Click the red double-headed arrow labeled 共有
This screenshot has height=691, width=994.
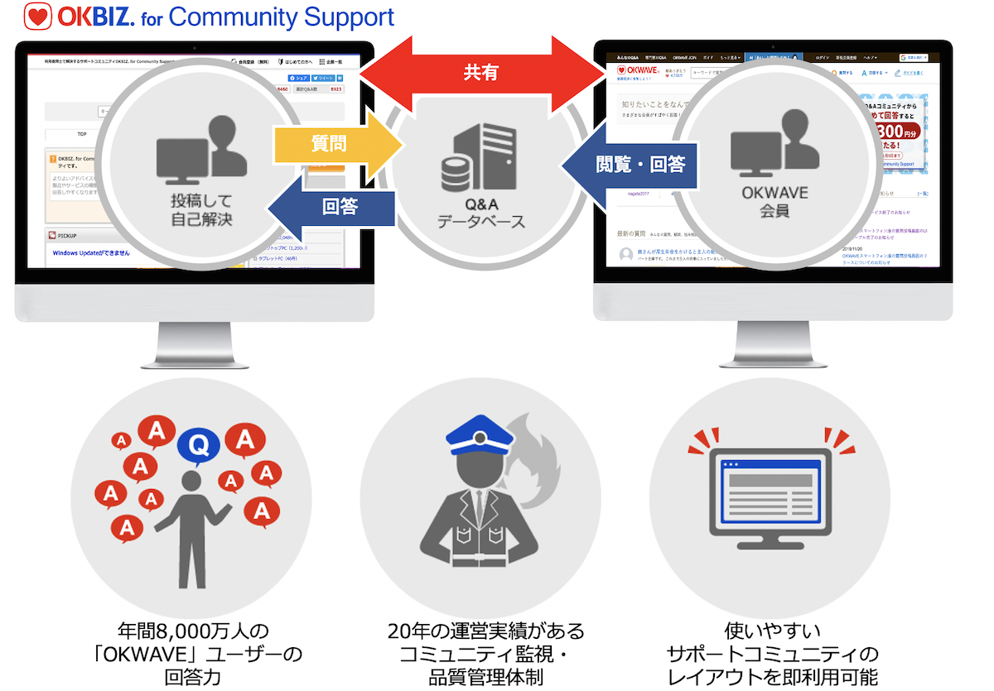pos(481,73)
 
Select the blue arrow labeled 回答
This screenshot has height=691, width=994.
pos(335,207)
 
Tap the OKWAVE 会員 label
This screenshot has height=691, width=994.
pos(772,202)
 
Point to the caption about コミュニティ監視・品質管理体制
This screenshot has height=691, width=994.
pos(485,655)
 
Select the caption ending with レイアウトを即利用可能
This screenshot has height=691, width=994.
pos(772,655)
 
